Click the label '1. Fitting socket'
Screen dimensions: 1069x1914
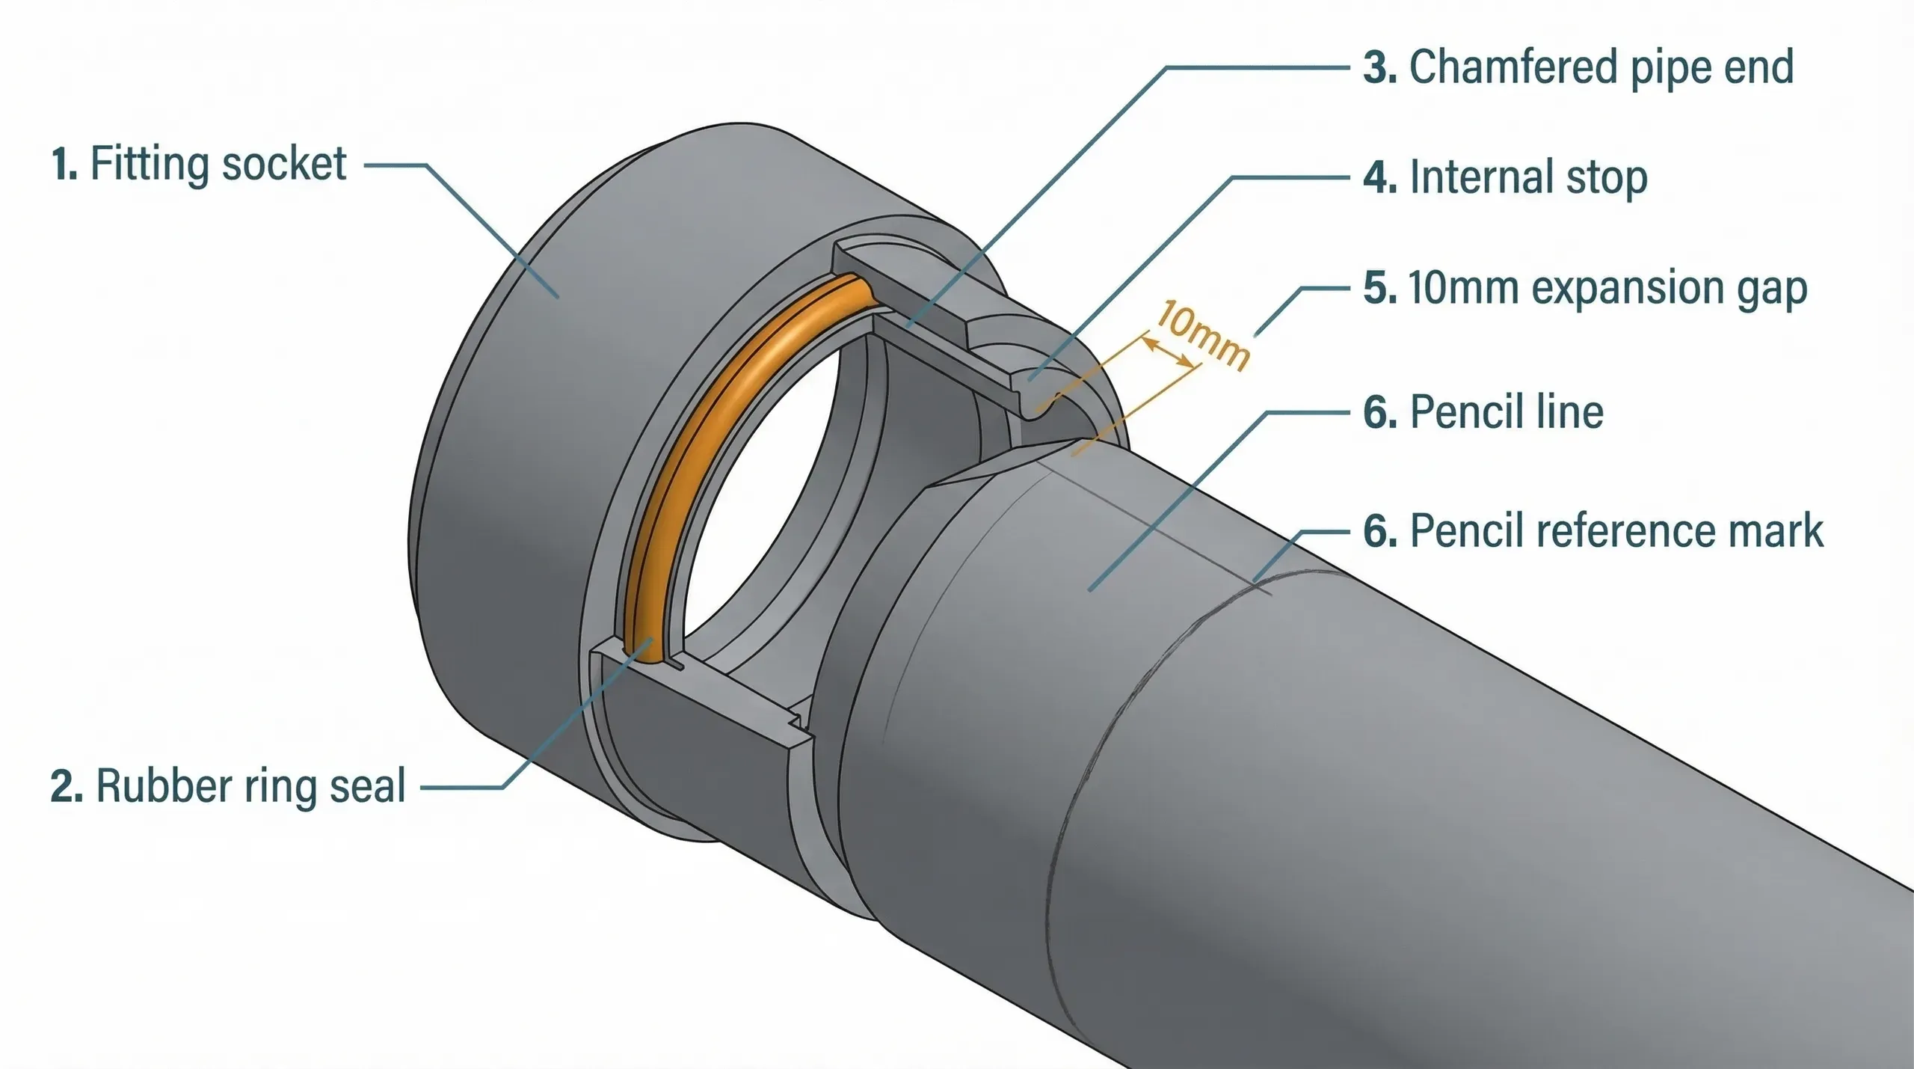(199, 164)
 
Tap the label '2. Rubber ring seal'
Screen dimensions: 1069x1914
(228, 786)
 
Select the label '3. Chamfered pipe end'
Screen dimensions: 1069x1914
(1578, 67)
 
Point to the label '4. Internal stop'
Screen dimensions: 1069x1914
(1505, 178)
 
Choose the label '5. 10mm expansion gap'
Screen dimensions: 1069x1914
(1585, 289)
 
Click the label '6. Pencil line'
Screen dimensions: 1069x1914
(1483, 412)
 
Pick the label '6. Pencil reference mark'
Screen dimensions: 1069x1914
(1593, 531)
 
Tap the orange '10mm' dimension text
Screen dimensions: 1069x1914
(1202, 336)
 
